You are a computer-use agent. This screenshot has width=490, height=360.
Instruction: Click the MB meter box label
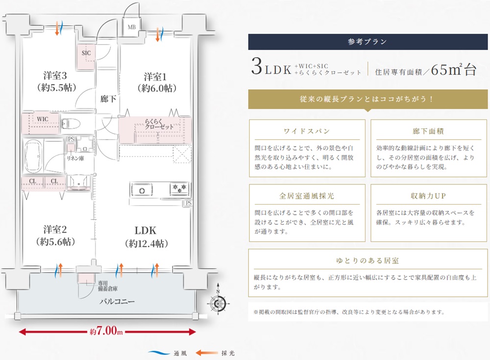pyautogui.click(x=132, y=27)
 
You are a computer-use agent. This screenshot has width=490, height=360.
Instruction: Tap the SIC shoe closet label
pyautogui.click(x=86, y=52)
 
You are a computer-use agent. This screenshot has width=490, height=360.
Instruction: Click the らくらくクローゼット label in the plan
pyautogui.click(x=159, y=124)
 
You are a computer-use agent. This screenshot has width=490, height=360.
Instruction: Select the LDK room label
pyautogui.click(x=147, y=230)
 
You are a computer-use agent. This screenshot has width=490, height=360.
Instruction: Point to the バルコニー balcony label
pyautogui.click(x=117, y=301)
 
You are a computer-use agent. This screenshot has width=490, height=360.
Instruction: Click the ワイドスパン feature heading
pyautogui.click(x=307, y=131)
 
